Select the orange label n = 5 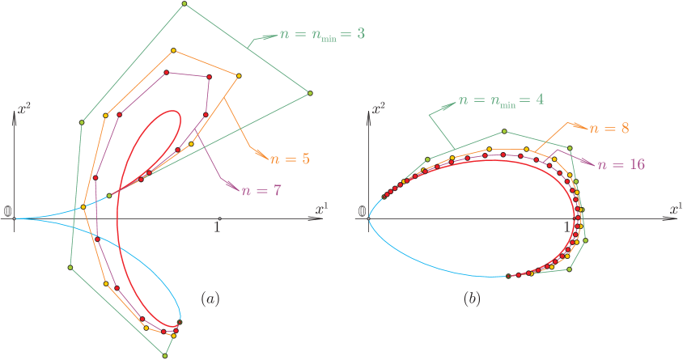click(290, 159)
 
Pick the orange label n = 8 click(610, 128)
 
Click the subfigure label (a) click(210, 299)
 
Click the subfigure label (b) click(472, 299)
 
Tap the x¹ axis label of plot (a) click(321, 209)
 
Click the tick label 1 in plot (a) click(217, 227)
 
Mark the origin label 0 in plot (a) click(8, 212)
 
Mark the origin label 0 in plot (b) click(362, 212)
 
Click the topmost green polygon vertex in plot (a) click(185, 4)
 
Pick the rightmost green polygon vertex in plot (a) click(310, 94)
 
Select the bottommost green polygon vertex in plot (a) click(166, 355)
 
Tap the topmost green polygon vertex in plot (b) click(504, 131)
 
